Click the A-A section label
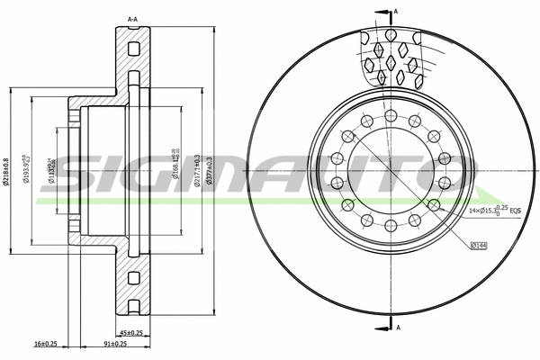tap(132, 18)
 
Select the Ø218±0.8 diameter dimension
tap(8, 172)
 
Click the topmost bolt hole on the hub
tap(391, 115)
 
